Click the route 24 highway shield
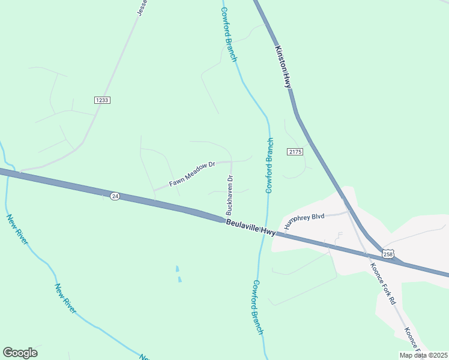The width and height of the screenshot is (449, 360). point(115,196)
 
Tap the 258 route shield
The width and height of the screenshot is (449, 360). point(388,254)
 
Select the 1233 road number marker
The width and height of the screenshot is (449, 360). point(102,100)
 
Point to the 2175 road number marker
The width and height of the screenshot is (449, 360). point(295,152)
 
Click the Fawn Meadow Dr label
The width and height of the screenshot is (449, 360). point(191,173)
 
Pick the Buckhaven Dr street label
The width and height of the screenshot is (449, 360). point(229,196)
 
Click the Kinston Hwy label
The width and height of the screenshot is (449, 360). point(283,67)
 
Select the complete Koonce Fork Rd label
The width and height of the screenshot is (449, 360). point(383,283)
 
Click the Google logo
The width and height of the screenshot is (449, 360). point(20,353)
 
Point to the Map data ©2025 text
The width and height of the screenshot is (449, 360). point(423,355)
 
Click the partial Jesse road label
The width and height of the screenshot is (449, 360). point(142,7)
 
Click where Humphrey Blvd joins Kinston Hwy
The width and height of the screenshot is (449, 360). point(348,211)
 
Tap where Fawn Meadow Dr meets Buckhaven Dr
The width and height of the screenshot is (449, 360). point(231,161)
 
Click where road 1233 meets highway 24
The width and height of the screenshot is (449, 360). point(20,172)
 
